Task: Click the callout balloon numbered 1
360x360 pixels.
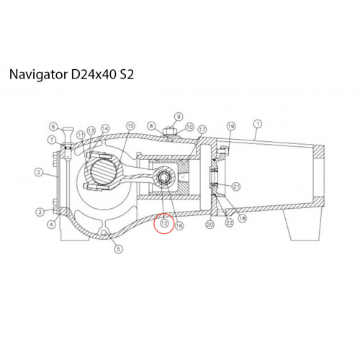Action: pyautogui.click(x=258, y=124)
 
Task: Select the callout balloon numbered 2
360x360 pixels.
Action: pyautogui.click(x=39, y=172)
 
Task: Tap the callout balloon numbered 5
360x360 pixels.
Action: pyautogui.click(x=119, y=249)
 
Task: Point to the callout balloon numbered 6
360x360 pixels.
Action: pyautogui.click(x=53, y=127)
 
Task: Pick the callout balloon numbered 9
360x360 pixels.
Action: pyautogui.click(x=179, y=117)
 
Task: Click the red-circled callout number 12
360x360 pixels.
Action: pyautogui.click(x=164, y=223)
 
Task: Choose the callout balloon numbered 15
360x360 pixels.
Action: pyautogui.click(x=130, y=126)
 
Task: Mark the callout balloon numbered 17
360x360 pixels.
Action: pyautogui.click(x=202, y=130)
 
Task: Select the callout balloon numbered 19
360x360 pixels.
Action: pyautogui.click(x=231, y=126)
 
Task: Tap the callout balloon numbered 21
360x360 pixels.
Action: pyautogui.click(x=236, y=186)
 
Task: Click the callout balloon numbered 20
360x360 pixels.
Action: pyautogui.click(x=210, y=225)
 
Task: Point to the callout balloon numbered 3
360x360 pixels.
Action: pyautogui.click(x=40, y=212)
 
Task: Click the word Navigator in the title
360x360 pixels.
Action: pyautogui.click(x=38, y=74)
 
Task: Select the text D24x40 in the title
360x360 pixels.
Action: pyautogui.click(x=94, y=74)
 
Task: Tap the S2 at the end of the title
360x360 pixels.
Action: pyautogui.click(x=127, y=74)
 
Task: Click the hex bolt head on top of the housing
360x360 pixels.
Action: pyautogui.click(x=170, y=132)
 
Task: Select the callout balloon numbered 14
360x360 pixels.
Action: pyautogui.click(x=105, y=129)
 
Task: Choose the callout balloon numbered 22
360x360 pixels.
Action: pyautogui.click(x=230, y=223)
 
